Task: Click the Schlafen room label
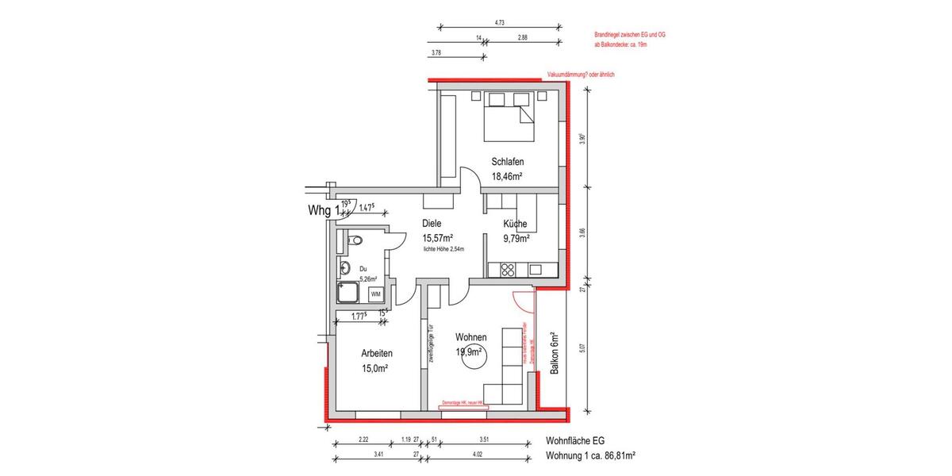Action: click(x=507, y=162)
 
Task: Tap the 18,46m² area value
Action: click(x=507, y=177)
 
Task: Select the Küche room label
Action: click(x=514, y=224)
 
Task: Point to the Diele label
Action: click(x=432, y=224)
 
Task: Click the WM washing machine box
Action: click(x=376, y=294)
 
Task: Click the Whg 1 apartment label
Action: click(x=324, y=210)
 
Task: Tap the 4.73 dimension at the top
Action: click(x=500, y=23)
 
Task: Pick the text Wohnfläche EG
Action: click(x=578, y=440)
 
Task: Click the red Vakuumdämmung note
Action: click(x=581, y=75)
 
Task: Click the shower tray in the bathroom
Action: click(x=350, y=294)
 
